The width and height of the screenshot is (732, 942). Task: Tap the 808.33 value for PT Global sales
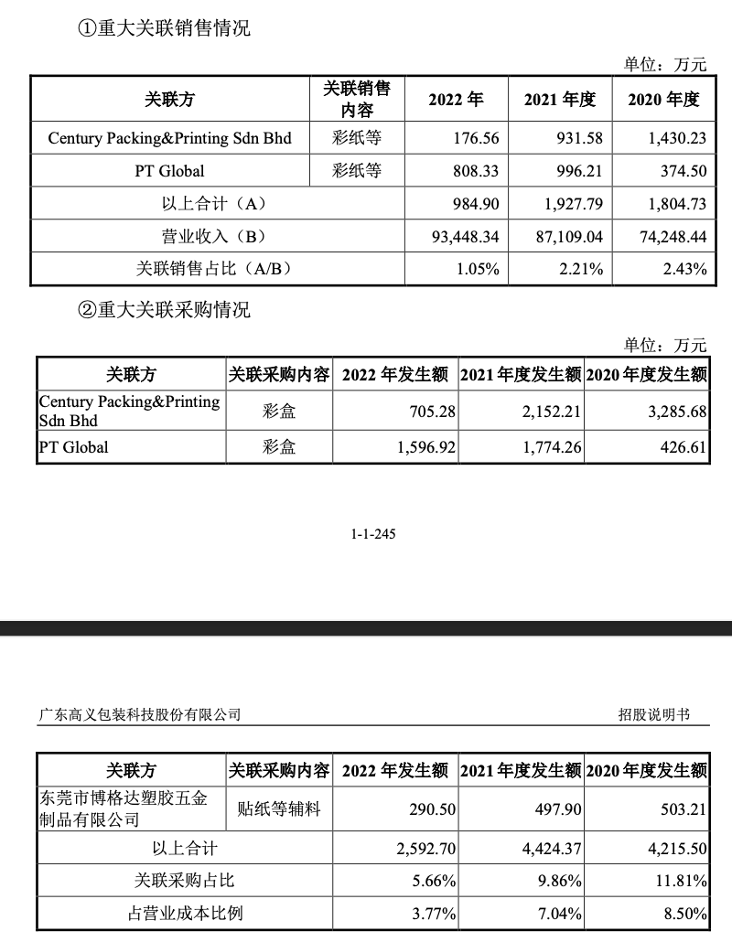[476, 170]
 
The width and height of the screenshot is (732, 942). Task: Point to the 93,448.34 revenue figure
[465, 236]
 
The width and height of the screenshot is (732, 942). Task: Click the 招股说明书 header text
[653, 714]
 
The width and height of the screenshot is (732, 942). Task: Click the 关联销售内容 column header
[357, 99]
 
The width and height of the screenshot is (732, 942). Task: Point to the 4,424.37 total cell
[552, 848]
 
